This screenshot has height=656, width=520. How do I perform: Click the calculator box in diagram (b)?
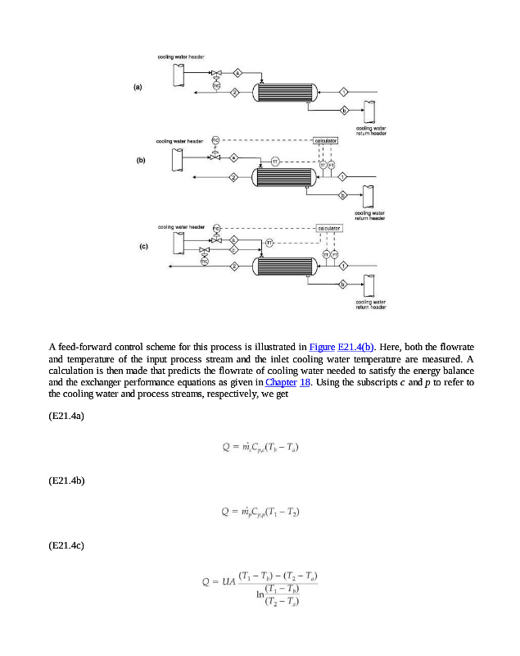click(325, 141)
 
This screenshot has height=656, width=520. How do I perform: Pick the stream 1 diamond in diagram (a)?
click(344, 91)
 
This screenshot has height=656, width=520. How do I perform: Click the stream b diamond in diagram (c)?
click(343, 285)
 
